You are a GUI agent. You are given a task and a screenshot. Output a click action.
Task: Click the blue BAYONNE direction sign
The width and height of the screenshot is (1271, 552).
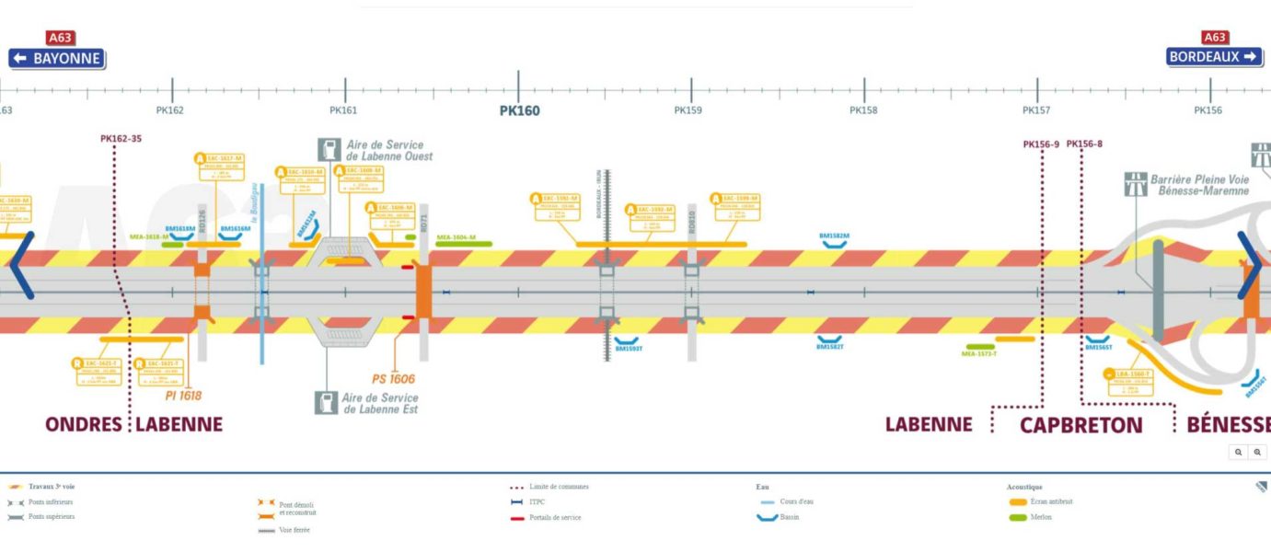point(56,58)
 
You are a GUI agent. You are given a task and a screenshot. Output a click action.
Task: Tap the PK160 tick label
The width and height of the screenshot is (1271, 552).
point(519,111)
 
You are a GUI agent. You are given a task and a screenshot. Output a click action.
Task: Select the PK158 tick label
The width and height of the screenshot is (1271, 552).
point(863,110)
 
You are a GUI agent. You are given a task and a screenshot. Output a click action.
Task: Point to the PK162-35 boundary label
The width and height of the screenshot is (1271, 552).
point(121,139)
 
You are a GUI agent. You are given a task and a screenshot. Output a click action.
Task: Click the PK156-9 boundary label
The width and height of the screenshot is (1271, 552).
point(1041,144)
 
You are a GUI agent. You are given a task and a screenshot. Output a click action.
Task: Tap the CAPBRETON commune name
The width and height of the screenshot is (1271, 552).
point(1080,425)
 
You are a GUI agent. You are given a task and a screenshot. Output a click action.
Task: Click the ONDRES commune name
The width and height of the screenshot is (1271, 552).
point(84,424)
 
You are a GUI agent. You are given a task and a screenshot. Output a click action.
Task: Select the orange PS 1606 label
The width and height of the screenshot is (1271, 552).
point(393,379)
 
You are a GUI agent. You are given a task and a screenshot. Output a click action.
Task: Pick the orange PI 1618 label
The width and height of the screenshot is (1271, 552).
point(183,396)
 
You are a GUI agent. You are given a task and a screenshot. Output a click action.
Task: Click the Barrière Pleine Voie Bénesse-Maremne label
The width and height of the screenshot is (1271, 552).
point(1199,185)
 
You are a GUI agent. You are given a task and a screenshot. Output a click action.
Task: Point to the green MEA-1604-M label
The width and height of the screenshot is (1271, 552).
point(456,237)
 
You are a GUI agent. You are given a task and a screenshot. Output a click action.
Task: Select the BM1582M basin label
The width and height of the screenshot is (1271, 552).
point(834,236)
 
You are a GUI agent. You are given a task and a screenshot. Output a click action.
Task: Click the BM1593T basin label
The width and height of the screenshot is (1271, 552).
point(628,347)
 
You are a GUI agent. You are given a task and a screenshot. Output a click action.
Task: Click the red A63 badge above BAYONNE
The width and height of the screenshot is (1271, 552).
point(60,38)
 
